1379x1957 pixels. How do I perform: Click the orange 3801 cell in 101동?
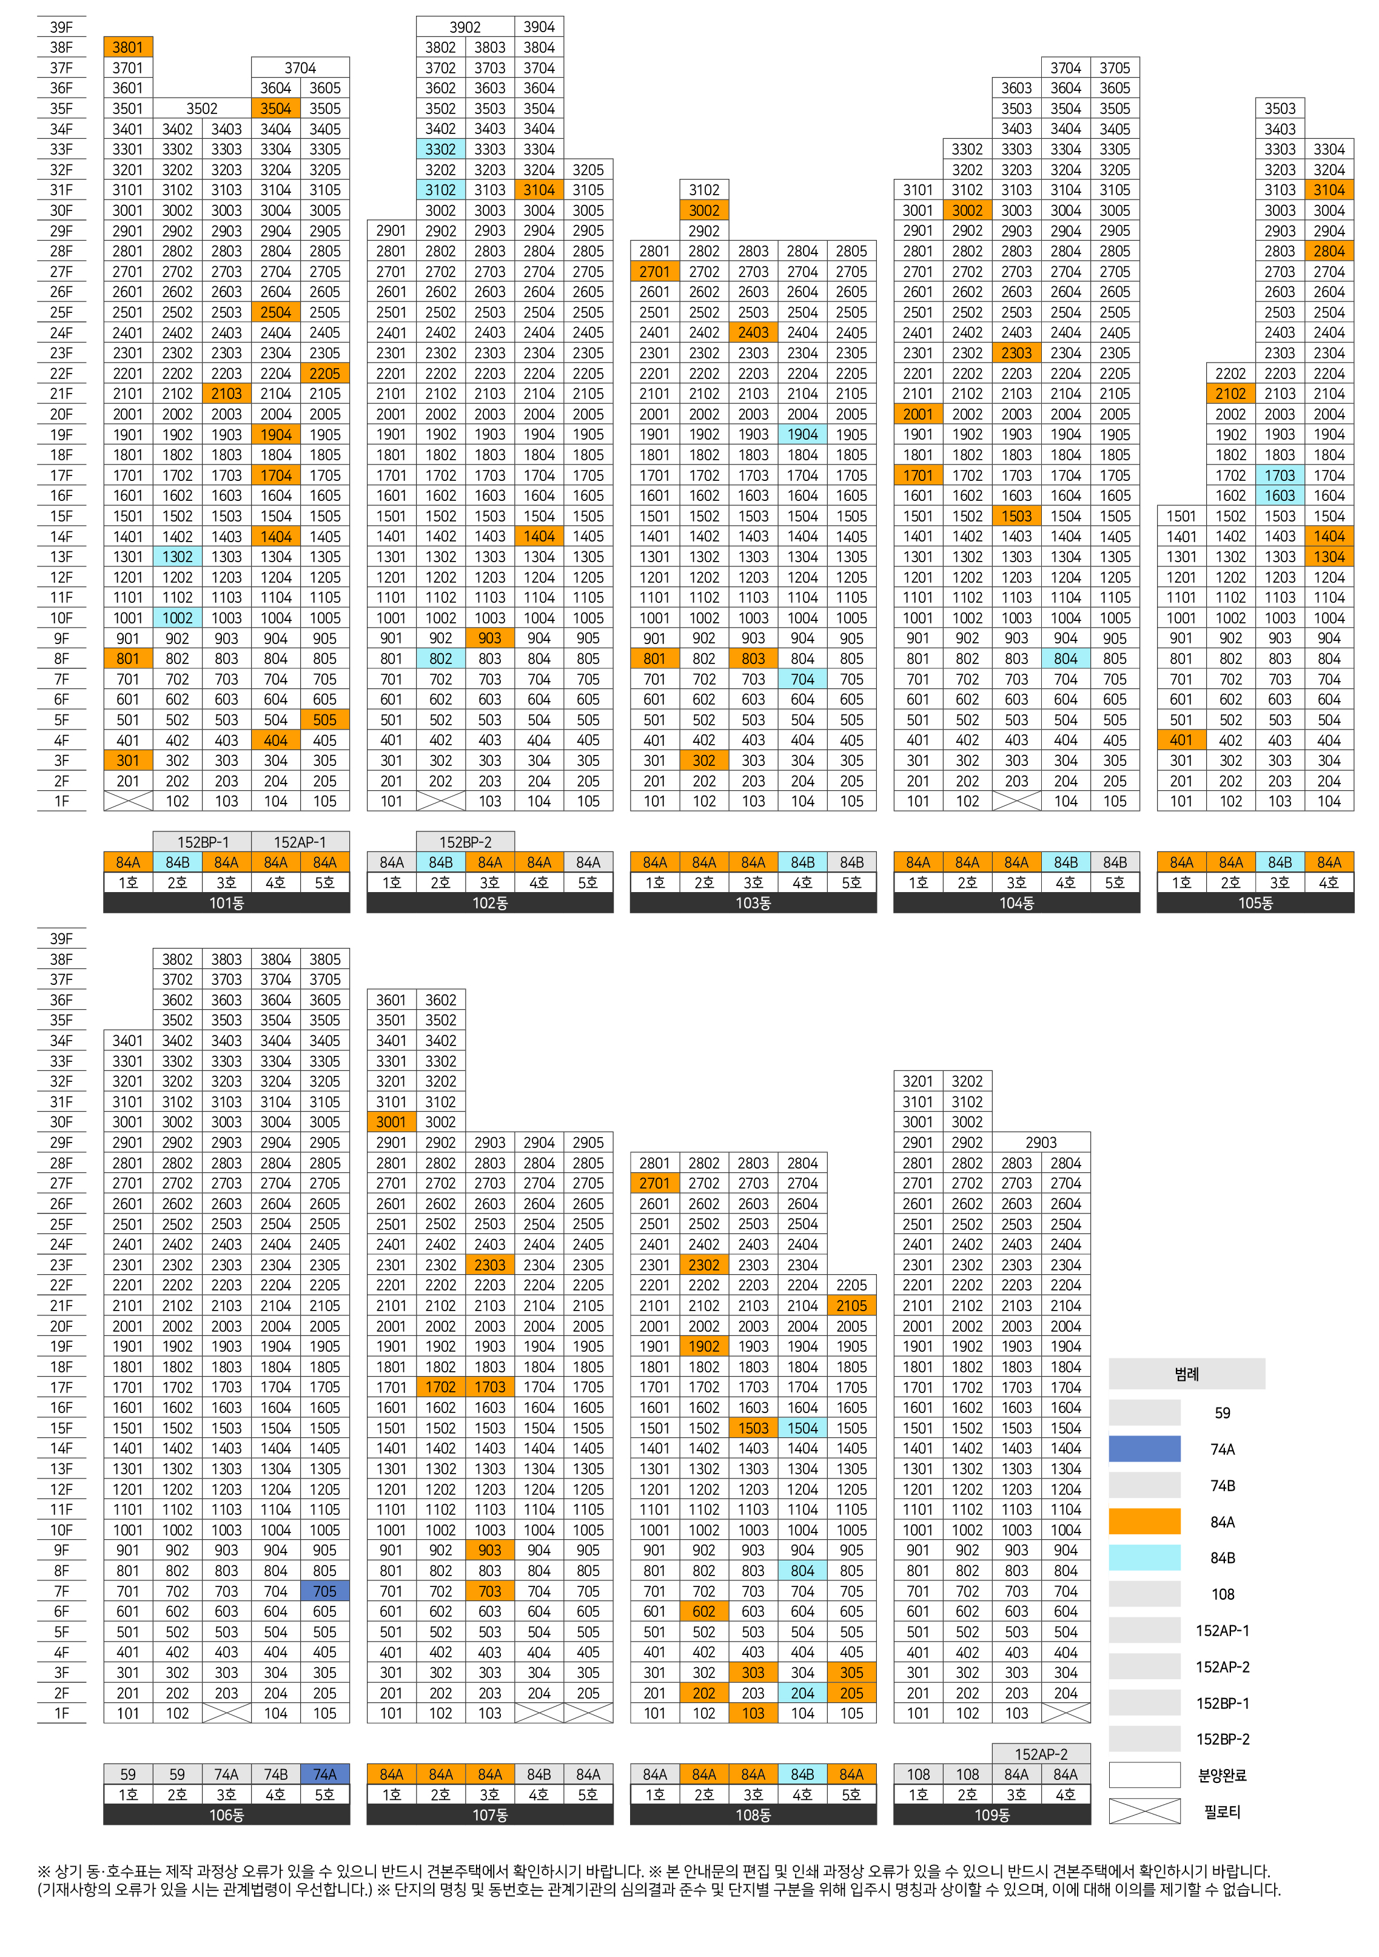[x=128, y=47]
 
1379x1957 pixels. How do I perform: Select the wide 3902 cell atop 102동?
[x=465, y=27]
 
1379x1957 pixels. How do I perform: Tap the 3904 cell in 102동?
[x=540, y=27]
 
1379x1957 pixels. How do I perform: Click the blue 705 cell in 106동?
[x=324, y=1591]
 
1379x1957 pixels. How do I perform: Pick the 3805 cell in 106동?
[x=324, y=959]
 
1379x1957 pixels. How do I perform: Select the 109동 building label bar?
[x=992, y=1816]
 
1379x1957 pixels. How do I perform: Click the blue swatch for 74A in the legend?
[x=1145, y=1449]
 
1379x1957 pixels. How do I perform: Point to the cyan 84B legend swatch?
[x=1145, y=1558]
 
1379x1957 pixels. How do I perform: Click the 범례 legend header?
[x=1186, y=1374]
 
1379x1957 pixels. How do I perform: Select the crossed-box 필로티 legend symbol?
[x=1145, y=1812]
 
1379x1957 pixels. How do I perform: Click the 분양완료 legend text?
[x=1222, y=1776]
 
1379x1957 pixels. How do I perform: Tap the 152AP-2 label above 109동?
[x=1041, y=1754]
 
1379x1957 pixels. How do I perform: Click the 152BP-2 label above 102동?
[x=465, y=842]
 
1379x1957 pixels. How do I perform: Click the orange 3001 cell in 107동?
[x=391, y=1122]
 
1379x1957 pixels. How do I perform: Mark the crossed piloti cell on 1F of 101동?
[x=128, y=801]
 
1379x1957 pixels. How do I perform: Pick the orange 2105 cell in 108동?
[x=851, y=1305]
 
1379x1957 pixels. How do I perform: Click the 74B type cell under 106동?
[x=275, y=1774]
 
